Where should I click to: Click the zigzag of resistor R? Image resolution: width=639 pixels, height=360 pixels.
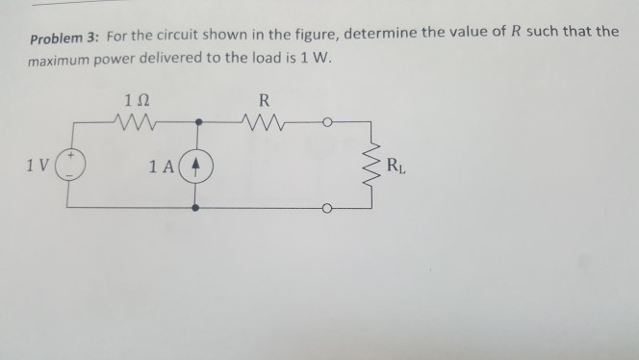[x=264, y=122]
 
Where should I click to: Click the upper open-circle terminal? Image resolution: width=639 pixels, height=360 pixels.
[x=327, y=122]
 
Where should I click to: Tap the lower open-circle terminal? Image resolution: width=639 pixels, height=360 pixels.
[x=327, y=207]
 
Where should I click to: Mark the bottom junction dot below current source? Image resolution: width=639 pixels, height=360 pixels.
[x=197, y=206]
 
